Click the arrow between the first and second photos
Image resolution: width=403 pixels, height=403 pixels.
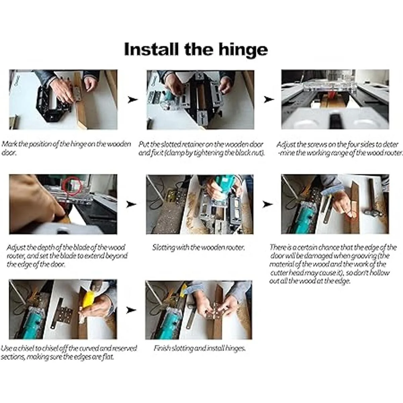133,100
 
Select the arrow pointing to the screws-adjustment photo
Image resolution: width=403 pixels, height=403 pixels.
269,99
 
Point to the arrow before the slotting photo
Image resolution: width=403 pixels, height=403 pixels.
132,204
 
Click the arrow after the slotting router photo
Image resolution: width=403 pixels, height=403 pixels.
268,204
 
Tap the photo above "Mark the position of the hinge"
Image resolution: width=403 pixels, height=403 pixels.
63,99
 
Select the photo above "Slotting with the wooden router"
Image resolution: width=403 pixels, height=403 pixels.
200,204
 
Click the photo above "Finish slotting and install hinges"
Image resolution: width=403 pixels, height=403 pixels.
199,310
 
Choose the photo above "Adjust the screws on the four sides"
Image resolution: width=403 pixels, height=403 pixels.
335,99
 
